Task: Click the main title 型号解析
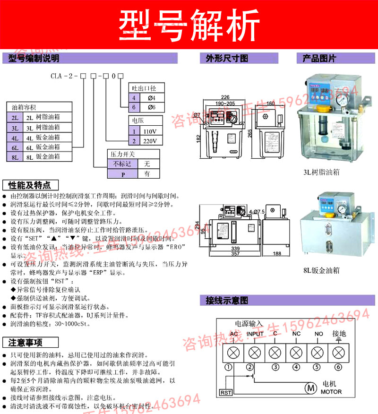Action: pos(189,24)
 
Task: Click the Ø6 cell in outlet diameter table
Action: pos(152,107)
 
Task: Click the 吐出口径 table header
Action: pos(146,88)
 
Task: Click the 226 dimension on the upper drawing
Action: pos(225,97)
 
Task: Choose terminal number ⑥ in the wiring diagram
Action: pos(338,366)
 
